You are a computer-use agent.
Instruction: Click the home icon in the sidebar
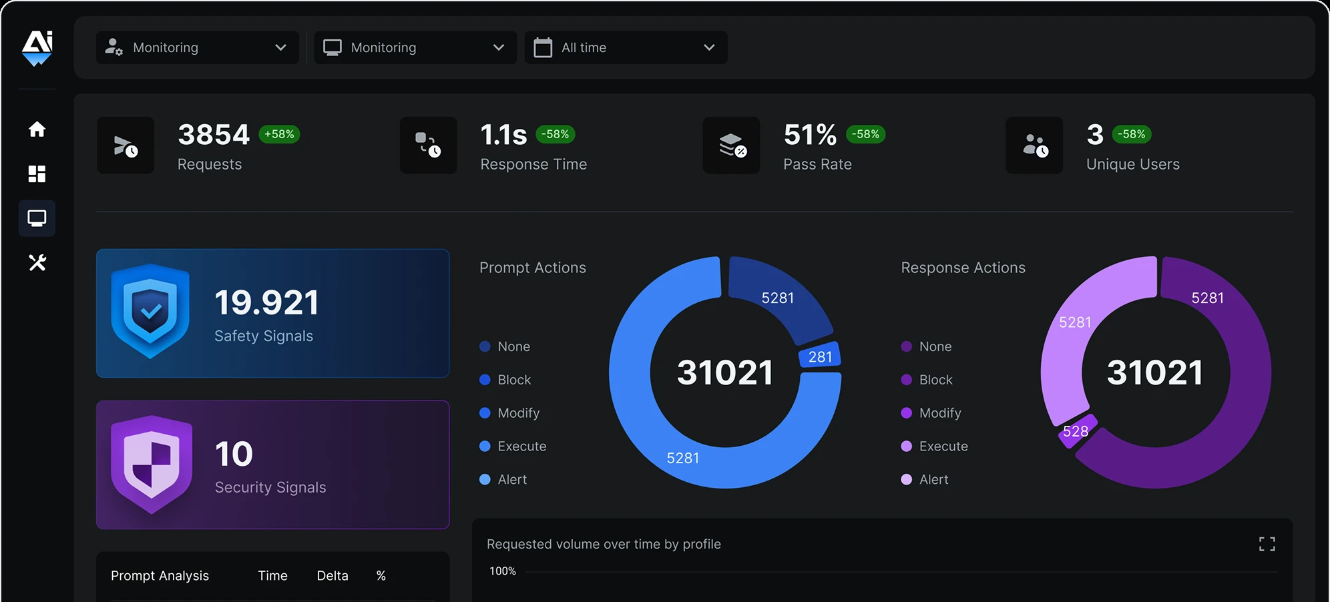click(x=37, y=129)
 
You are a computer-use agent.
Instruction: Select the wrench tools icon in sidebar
click(x=37, y=262)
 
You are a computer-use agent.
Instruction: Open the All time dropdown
click(x=626, y=47)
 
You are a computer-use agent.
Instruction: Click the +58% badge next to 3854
click(x=279, y=134)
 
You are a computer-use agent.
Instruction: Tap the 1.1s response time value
click(x=503, y=135)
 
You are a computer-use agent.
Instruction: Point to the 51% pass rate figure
click(x=810, y=135)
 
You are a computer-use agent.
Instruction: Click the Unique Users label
click(x=1132, y=164)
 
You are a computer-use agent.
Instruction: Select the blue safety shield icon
click(x=150, y=311)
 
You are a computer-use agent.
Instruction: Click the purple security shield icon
click(x=152, y=464)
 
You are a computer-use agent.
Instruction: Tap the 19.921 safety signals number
click(x=266, y=302)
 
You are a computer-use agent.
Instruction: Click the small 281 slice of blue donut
click(x=820, y=356)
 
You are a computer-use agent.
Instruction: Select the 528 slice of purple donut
click(x=1076, y=432)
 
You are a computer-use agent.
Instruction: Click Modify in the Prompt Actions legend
click(x=518, y=413)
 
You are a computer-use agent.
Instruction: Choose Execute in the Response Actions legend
click(x=943, y=446)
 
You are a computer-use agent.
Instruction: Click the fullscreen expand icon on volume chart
click(x=1267, y=544)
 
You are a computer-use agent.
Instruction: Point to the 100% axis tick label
click(x=503, y=571)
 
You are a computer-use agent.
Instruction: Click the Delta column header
click(x=332, y=575)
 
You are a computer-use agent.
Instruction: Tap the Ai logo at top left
click(x=37, y=47)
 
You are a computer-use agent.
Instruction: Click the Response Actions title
click(x=963, y=268)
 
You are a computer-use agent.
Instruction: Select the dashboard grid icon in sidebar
click(x=37, y=174)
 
